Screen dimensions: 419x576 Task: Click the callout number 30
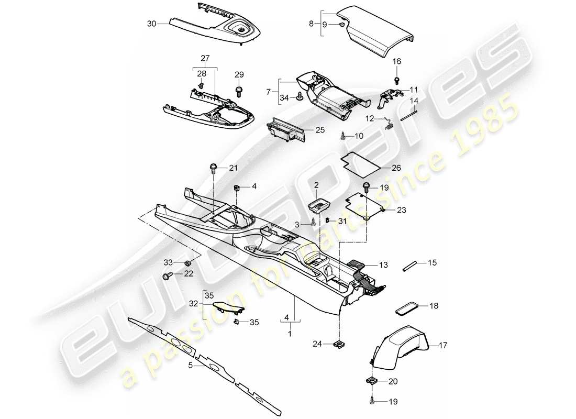[152, 24]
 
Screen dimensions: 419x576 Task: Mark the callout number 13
[384, 265]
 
